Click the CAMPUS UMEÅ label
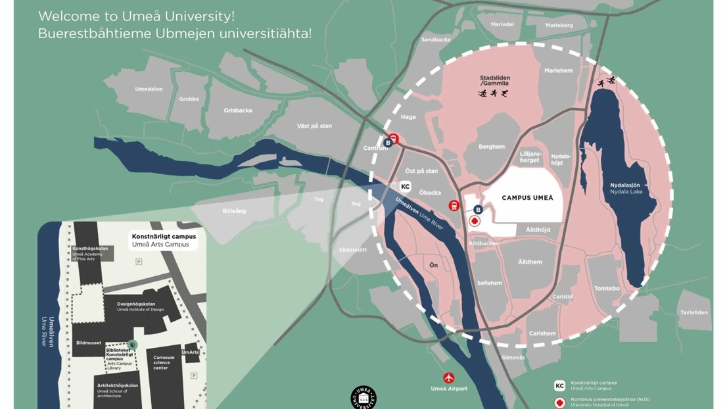tap(527, 197)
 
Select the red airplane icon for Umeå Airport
tap(449, 378)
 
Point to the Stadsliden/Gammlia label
tap(494, 81)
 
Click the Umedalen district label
tap(149, 89)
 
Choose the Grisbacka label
tap(237, 110)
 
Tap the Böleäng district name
tap(234, 211)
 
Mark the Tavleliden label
tap(694, 312)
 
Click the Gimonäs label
tap(513, 358)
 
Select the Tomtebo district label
tap(607, 288)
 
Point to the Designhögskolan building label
tap(136, 304)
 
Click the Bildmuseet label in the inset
tap(89, 343)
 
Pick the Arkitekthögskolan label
tap(118, 386)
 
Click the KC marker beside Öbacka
tap(406, 187)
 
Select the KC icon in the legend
tap(559, 386)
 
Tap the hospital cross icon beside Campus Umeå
tap(475, 222)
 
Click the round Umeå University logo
tap(363, 398)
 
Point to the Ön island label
tap(433, 265)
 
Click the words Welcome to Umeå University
tap(136, 16)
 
